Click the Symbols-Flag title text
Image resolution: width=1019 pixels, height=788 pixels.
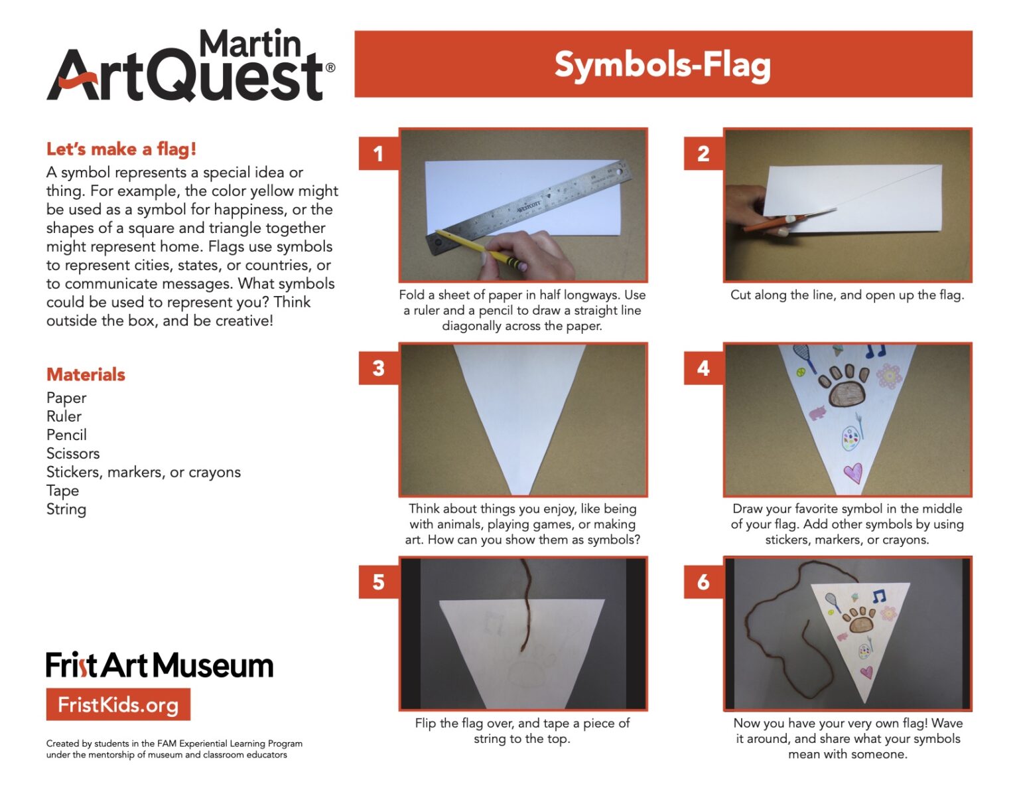tap(662, 65)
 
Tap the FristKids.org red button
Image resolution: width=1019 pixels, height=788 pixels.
tap(118, 704)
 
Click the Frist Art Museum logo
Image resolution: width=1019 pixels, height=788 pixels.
tap(159, 665)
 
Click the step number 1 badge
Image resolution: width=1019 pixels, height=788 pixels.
tap(378, 154)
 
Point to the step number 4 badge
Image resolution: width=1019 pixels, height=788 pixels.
tap(703, 368)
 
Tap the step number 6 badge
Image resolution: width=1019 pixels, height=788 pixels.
tap(703, 582)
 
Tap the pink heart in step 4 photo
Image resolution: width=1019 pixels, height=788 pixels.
tap(852, 473)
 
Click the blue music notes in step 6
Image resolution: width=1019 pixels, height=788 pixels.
tap(879, 596)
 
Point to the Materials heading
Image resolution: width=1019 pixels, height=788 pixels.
tap(86, 374)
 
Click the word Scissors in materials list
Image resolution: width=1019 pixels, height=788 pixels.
tap(73, 453)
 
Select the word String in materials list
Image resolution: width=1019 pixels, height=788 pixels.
tap(66, 509)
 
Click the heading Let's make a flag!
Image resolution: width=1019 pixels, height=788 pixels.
tap(121, 149)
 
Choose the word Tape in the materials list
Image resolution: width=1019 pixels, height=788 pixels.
tap(62, 491)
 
